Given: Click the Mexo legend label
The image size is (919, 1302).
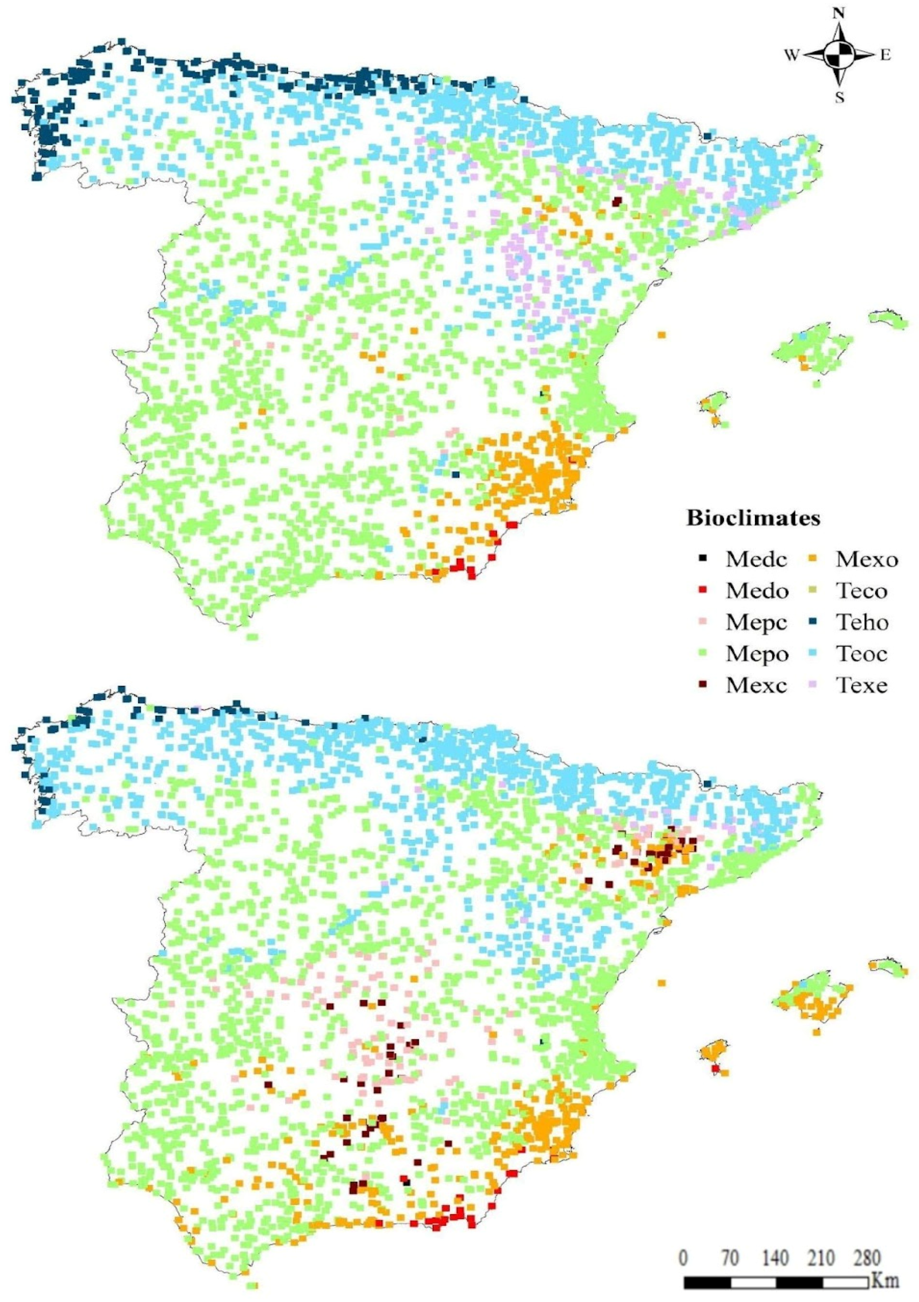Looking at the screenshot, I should (x=867, y=560).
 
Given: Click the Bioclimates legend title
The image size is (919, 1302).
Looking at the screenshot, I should (x=753, y=518).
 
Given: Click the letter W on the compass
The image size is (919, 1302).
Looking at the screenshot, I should (x=792, y=55).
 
